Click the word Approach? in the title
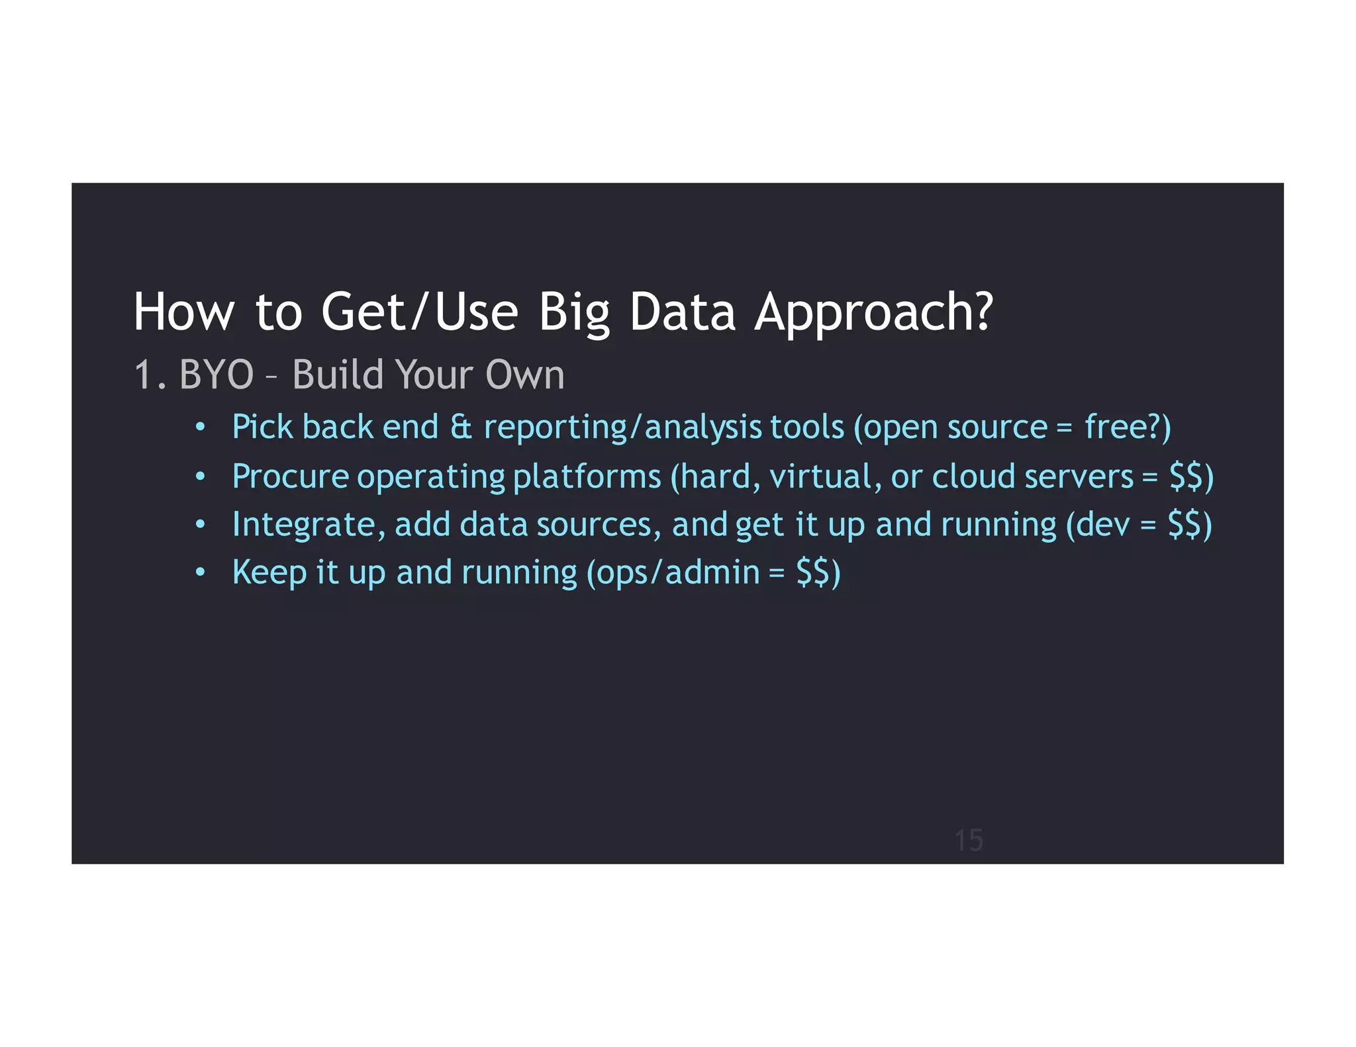point(874,312)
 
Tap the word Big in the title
point(573,312)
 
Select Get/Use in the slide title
point(419,312)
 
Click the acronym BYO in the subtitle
point(217,375)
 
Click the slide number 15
point(969,841)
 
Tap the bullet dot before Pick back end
point(201,427)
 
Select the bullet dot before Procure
point(201,477)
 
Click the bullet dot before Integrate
point(201,525)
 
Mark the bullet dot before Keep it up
point(201,572)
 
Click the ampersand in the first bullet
point(461,427)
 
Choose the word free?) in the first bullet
point(1128,427)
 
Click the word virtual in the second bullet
point(825,477)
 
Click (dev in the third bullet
point(1098,525)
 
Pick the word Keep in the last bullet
point(269,572)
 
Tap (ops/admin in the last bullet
point(673,572)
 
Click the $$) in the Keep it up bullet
point(818,572)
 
